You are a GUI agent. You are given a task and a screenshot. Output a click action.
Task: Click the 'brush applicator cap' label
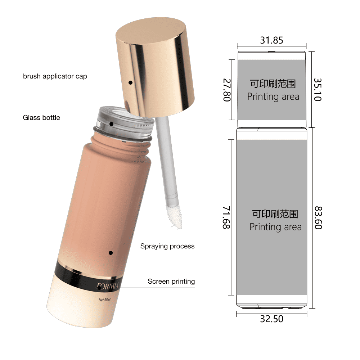tap(55, 76)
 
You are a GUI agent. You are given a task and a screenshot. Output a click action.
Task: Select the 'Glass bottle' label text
tap(41, 118)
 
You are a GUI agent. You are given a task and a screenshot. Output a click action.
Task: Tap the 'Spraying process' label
tap(167, 246)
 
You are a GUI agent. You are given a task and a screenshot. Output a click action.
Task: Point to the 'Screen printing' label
tap(171, 282)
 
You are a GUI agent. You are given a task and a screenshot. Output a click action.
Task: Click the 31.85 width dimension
tap(271, 40)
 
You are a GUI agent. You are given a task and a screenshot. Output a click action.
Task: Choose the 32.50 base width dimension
tap(271, 319)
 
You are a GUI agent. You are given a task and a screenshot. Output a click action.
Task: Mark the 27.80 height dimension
tap(227, 90)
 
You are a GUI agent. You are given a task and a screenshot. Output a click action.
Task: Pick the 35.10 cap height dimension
tap(318, 90)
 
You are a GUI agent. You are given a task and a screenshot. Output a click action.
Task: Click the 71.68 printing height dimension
tap(226, 217)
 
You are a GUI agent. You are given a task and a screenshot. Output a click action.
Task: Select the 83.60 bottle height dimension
tap(318, 218)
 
